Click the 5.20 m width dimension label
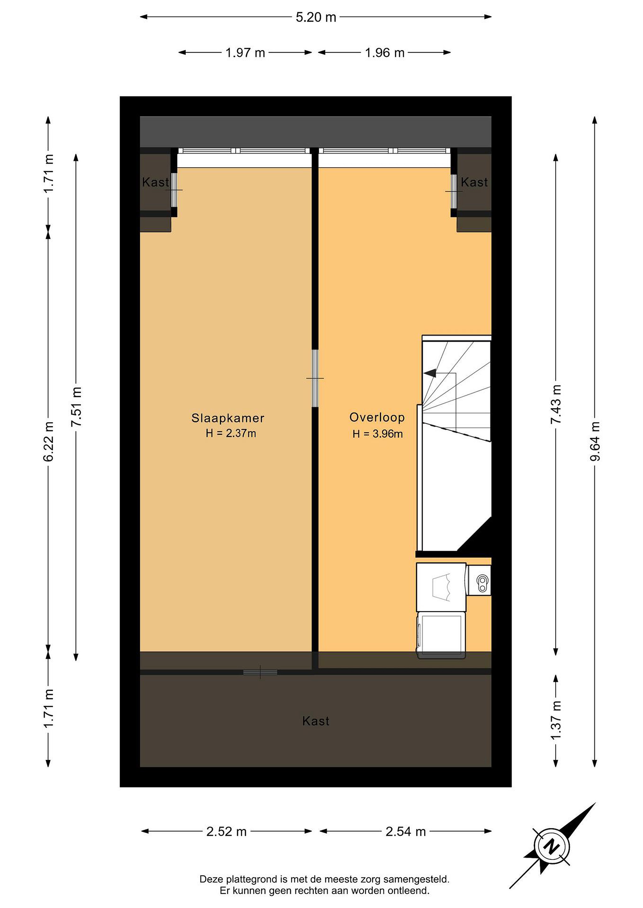coord(316,17)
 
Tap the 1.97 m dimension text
coord(245,53)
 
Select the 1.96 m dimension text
coord(384,53)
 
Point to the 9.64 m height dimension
coord(595,441)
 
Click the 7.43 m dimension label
coord(556,404)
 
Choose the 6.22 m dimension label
coord(48,441)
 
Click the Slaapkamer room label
coord(228,418)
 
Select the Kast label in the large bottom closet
coord(316,721)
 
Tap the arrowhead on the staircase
coord(430,373)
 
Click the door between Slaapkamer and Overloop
coord(315,378)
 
